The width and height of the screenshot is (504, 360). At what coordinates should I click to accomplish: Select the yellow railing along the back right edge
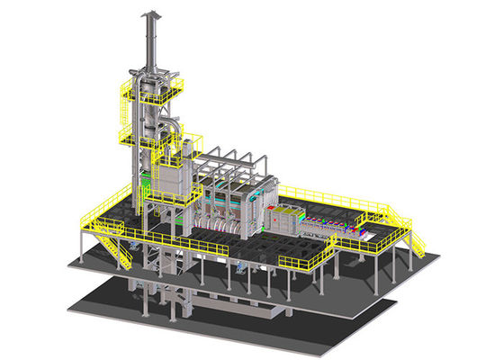[333, 197]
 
